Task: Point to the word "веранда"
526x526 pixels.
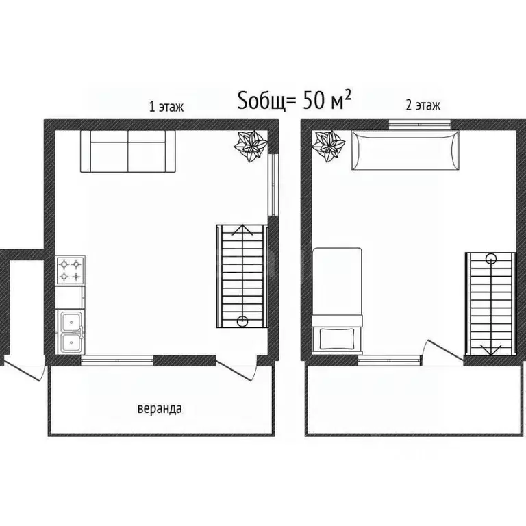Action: click(160, 409)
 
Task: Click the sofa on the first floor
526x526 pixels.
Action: click(128, 151)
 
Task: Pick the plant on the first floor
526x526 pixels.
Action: click(251, 145)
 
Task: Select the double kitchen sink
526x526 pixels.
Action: click(70, 331)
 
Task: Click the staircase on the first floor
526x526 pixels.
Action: click(241, 275)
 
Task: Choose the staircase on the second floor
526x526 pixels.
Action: click(489, 304)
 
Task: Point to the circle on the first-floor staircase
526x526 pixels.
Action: click(242, 321)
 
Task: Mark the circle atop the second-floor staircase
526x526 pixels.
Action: click(490, 258)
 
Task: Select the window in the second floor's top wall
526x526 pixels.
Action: click(419, 124)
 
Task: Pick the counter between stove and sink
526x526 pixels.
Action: click(70, 297)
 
